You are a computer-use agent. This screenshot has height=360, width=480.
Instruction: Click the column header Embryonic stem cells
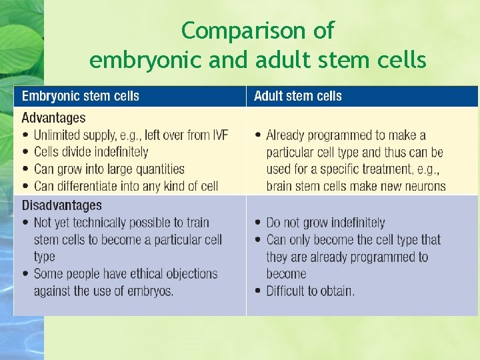[x=80, y=96]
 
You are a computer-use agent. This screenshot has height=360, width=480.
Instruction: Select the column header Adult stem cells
[x=297, y=96]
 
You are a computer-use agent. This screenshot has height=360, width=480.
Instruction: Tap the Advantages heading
[x=53, y=118]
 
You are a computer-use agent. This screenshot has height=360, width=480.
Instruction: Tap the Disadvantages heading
[x=61, y=205]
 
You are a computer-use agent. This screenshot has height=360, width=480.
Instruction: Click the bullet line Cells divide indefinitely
[x=91, y=152]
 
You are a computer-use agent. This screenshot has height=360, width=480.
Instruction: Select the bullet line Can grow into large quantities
[x=109, y=169]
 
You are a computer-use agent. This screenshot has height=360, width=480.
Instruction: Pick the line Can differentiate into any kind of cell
[x=125, y=186]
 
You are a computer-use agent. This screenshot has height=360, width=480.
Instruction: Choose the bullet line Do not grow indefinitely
[x=325, y=223]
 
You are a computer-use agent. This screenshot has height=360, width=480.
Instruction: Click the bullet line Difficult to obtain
[x=310, y=291]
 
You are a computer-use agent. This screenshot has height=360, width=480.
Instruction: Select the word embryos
[x=151, y=291]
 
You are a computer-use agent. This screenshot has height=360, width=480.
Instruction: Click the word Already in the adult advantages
[x=289, y=135]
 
